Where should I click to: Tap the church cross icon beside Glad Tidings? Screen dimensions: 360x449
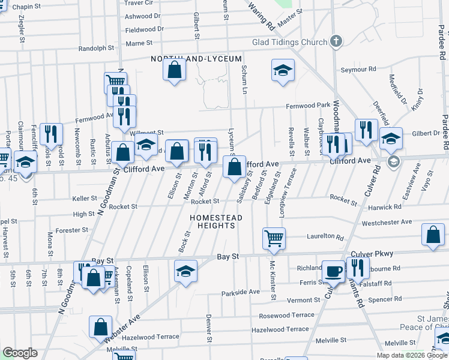click(336, 41)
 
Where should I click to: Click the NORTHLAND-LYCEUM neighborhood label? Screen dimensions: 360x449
click(196, 59)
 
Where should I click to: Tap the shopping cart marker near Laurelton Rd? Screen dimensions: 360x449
click(274, 238)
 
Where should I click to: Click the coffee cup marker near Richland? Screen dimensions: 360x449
click(333, 271)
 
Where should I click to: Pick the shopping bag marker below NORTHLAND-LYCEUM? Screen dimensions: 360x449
click(174, 70)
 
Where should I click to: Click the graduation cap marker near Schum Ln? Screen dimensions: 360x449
click(283, 70)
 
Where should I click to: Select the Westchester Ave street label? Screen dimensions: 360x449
click(387, 222)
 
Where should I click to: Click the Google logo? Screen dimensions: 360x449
click(20, 353)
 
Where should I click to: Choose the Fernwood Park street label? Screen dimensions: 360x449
click(308, 106)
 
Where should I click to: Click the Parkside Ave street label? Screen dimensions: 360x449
click(240, 292)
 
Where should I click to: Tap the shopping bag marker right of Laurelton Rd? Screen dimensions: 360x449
click(433, 236)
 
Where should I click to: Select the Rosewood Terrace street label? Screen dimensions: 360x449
click(286, 315)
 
